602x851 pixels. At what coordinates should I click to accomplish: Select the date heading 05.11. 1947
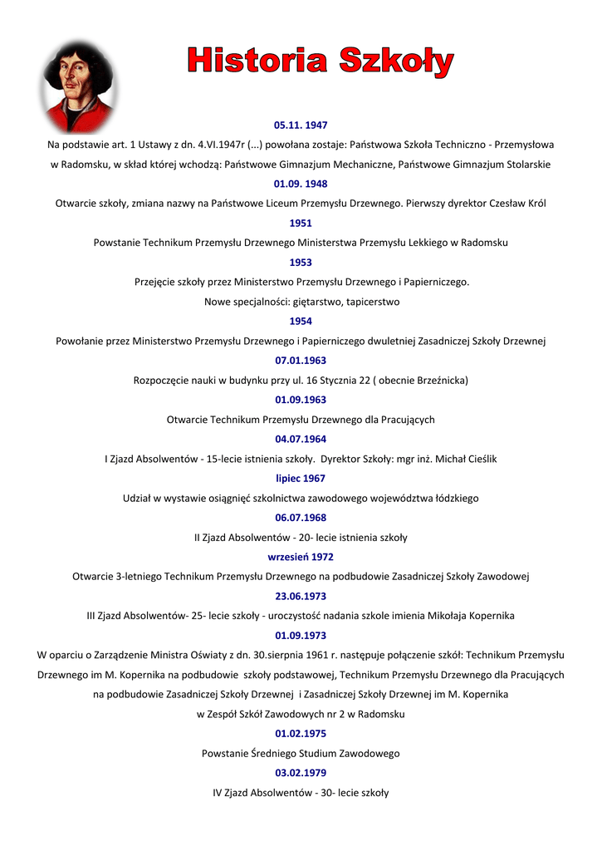point(301,125)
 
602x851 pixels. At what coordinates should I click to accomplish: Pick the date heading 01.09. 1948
point(301,184)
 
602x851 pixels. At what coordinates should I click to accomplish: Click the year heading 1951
point(301,223)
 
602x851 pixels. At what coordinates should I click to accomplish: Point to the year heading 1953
point(301,262)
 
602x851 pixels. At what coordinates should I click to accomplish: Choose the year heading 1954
point(301,321)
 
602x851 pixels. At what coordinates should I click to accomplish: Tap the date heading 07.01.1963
point(301,361)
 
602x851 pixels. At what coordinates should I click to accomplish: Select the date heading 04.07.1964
point(301,439)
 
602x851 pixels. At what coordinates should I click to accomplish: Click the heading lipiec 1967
point(301,478)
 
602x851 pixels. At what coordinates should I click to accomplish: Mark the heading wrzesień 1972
point(301,557)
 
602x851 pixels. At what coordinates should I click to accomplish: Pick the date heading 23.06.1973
point(301,596)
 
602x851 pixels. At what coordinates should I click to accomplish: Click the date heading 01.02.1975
point(301,734)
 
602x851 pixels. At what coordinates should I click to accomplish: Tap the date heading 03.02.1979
point(301,773)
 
